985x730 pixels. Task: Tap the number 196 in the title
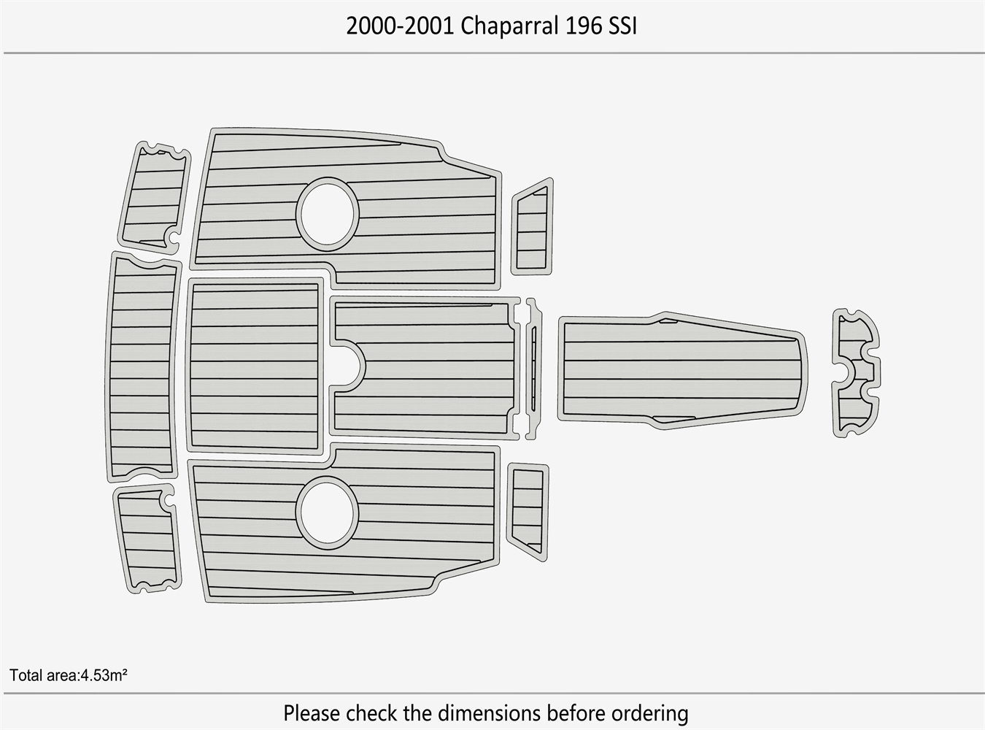581,26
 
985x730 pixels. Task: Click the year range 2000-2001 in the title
401,26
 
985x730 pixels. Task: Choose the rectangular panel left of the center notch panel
255,366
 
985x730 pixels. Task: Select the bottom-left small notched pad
147,537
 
